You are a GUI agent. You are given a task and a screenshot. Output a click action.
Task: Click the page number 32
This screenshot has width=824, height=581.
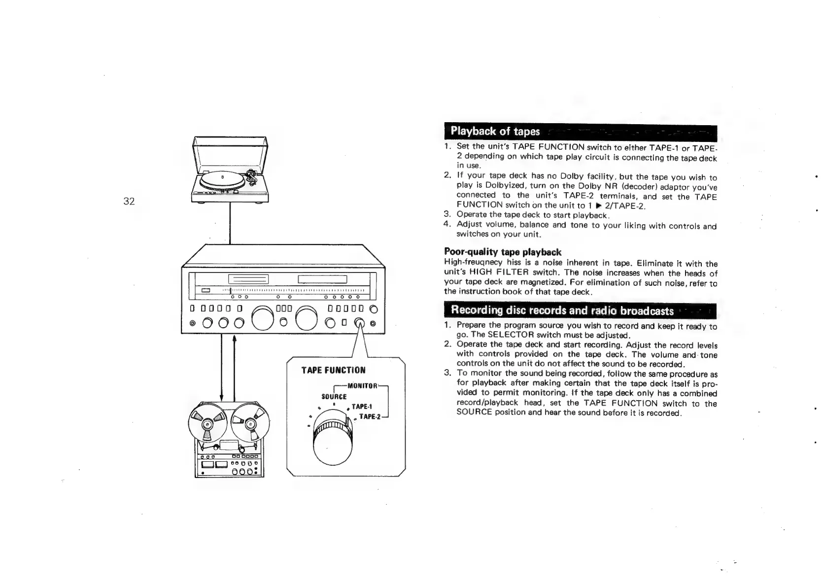click(129, 201)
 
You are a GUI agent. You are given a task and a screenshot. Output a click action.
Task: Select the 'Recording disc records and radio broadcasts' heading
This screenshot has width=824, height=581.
click(562, 310)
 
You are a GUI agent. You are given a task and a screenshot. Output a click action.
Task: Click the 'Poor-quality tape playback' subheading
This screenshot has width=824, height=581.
click(503, 252)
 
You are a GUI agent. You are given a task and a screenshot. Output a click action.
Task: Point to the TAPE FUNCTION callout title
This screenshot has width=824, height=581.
click(334, 370)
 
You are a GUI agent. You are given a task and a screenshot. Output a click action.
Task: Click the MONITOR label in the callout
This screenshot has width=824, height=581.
click(362, 385)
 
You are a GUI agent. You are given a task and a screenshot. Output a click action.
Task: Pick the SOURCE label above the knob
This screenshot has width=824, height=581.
click(334, 397)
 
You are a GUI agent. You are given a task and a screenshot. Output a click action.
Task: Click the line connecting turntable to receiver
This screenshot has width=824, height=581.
click(230, 224)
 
